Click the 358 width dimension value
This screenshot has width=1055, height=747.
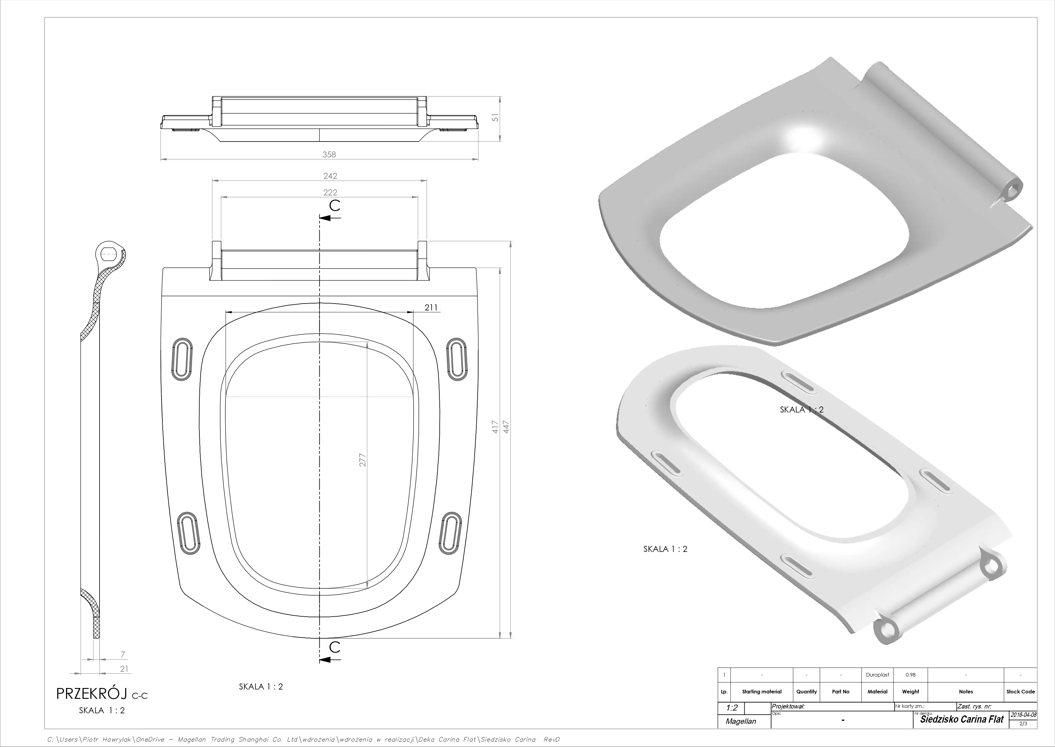click(329, 154)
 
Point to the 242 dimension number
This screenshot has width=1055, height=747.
click(330, 176)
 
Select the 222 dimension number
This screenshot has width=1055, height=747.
click(330, 192)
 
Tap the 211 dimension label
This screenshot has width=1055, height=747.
click(431, 307)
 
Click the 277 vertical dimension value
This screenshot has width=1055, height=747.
click(362, 460)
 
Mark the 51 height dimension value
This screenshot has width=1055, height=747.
click(495, 118)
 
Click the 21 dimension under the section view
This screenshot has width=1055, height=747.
click(124, 669)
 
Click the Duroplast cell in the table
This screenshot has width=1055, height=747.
click(878, 675)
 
